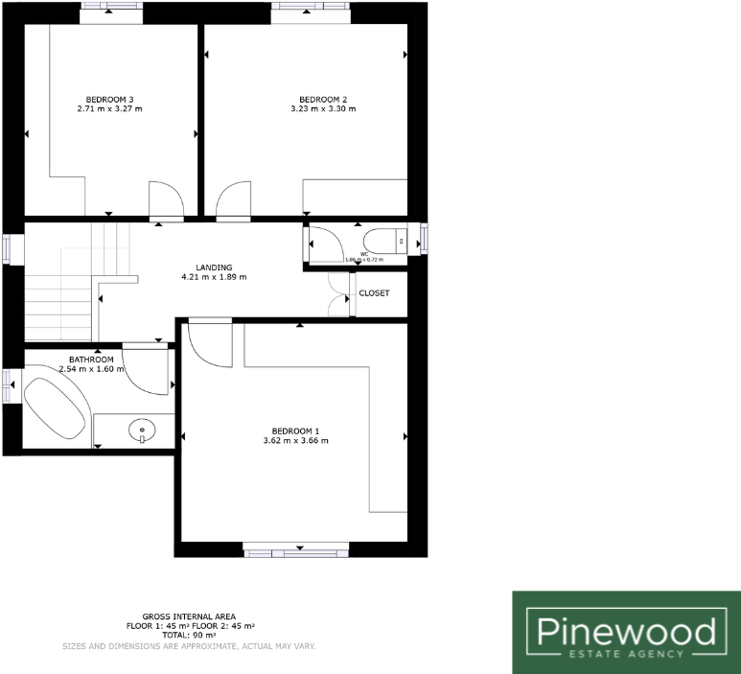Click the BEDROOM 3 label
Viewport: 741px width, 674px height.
109,100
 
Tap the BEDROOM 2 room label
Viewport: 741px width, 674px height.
323,100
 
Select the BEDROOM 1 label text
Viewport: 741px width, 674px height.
295,430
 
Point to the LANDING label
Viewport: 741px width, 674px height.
214,267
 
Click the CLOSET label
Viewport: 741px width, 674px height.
374,293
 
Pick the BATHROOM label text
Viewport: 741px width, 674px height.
92,360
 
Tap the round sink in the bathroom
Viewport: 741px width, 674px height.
142,430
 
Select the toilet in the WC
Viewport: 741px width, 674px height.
386,242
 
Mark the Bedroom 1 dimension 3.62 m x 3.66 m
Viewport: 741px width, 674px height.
295,441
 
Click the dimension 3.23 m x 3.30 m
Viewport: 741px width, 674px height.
323,109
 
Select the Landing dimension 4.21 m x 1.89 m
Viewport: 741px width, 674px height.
214,278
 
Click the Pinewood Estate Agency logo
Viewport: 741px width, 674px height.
626,632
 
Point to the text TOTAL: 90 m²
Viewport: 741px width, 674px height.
189,636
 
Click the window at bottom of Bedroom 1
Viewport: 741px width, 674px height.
295,550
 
